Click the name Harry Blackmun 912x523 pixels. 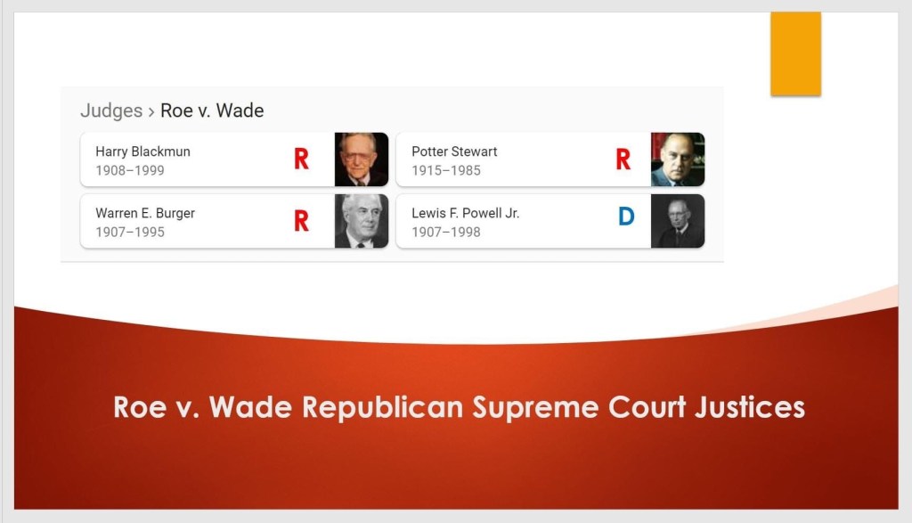142,151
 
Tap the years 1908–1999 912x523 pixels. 130,170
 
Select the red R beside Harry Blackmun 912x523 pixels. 301,159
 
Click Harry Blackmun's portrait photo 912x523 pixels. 362,159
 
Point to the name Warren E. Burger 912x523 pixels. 145,214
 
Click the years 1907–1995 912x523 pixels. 130,233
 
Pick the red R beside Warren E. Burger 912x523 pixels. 301,220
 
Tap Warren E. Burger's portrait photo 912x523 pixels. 362,221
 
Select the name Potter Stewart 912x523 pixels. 454,151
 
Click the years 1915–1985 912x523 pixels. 446,170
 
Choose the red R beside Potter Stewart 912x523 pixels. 623,159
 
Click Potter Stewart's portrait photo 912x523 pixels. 678,159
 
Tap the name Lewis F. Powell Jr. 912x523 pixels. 465,214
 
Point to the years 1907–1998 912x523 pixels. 446,233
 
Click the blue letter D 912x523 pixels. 626,217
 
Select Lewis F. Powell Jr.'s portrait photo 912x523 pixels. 678,221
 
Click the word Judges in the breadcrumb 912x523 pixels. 111,110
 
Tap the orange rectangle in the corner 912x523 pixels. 795,53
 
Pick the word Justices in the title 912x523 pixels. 750,407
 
